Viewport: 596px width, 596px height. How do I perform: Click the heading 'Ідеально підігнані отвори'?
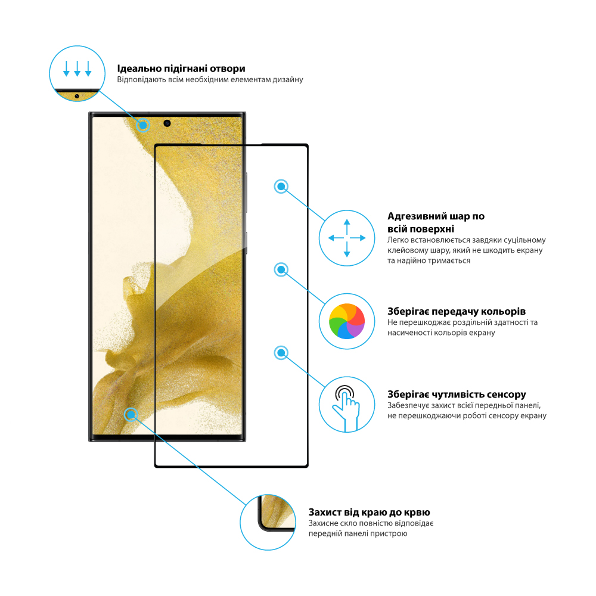click(181, 69)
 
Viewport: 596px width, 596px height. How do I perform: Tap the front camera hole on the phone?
click(167, 123)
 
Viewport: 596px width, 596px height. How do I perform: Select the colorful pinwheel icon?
click(347, 321)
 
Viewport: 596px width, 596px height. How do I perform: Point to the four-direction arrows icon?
click(347, 238)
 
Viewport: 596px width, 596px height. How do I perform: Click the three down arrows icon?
click(77, 69)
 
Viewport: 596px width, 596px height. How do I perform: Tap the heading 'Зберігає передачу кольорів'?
click(457, 311)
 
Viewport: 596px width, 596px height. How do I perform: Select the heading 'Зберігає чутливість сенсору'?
click(457, 394)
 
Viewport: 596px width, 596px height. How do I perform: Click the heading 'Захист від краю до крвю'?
click(369, 513)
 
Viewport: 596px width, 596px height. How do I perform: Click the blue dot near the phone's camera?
click(143, 125)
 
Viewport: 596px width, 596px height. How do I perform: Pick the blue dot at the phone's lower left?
click(131, 415)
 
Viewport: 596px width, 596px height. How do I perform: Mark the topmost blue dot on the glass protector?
click(281, 186)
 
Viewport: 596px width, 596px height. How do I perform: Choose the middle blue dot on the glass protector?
click(281, 269)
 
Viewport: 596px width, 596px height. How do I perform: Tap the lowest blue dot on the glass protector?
click(281, 353)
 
